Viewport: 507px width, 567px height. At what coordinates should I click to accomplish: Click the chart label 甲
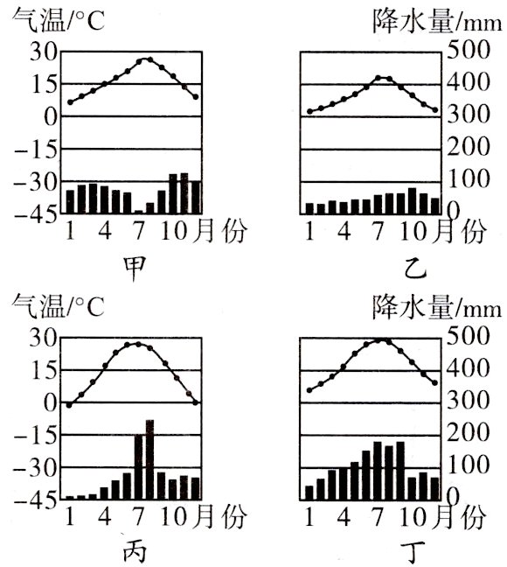coord(136,266)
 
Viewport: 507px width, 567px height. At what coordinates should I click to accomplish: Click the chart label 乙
coord(415,266)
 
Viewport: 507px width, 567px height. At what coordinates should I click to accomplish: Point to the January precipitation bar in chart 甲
coord(71,201)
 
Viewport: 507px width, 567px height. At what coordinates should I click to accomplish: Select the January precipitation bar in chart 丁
coord(309,492)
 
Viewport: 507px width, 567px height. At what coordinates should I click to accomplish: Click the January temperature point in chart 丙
coord(70,404)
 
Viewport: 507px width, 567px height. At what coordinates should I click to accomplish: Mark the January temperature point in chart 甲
coord(71,102)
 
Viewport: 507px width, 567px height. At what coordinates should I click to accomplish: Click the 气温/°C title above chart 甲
coord(57,19)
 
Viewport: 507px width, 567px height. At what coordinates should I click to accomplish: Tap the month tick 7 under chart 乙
coord(378,232)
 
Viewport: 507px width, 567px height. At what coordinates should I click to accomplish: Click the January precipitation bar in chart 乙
coord(309,207)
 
